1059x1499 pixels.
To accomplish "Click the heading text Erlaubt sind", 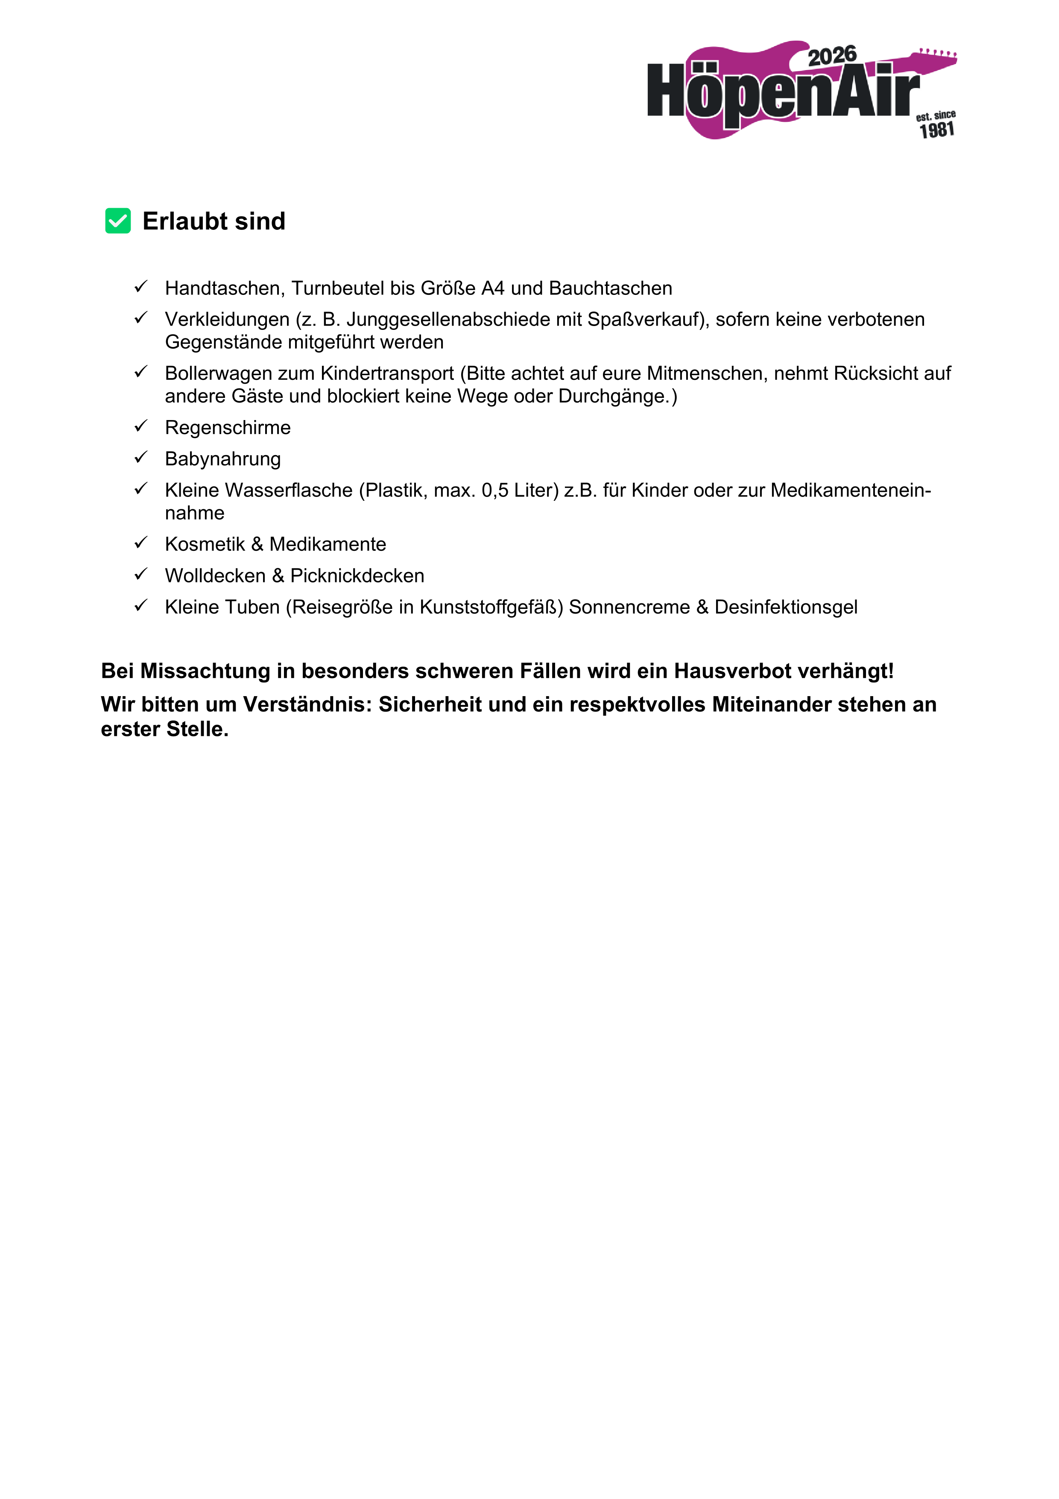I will (214, 221).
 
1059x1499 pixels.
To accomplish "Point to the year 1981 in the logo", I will (937, 130).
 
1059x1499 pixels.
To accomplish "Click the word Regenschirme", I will (228, 428).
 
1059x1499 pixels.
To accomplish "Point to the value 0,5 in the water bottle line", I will (494, 490).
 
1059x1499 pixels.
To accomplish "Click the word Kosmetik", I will (205, 544).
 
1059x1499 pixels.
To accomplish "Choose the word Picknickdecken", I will (357, 576).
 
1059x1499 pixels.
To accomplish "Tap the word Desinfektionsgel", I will (786, 607).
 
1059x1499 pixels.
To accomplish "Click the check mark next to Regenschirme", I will (141, 426).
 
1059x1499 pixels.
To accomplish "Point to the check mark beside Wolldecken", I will (141, 575).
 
